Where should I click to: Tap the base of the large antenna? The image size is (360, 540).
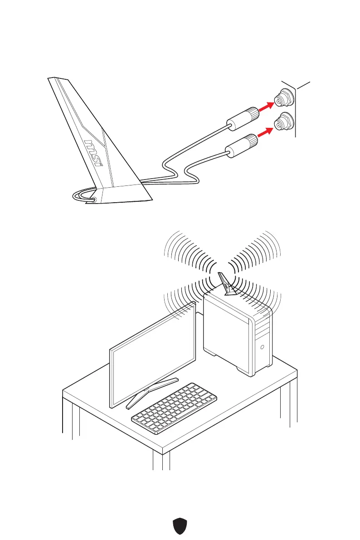click(x=122, y=194)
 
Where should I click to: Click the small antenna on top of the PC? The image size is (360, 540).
click(x=224, y=283)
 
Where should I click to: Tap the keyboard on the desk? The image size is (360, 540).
click(x=174, y=408)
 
